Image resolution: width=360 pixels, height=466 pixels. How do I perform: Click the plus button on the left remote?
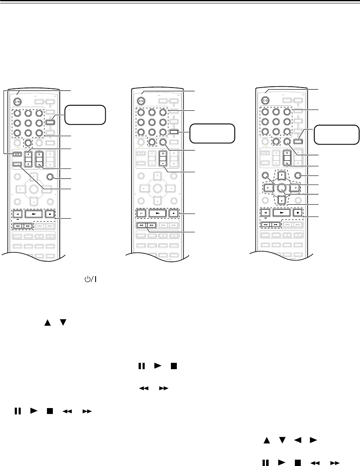[x=40, y=154]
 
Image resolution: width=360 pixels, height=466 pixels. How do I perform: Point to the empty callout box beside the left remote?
[x=85, y=115]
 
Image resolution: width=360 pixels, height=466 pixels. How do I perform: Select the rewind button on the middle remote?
[x=141, y=226]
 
